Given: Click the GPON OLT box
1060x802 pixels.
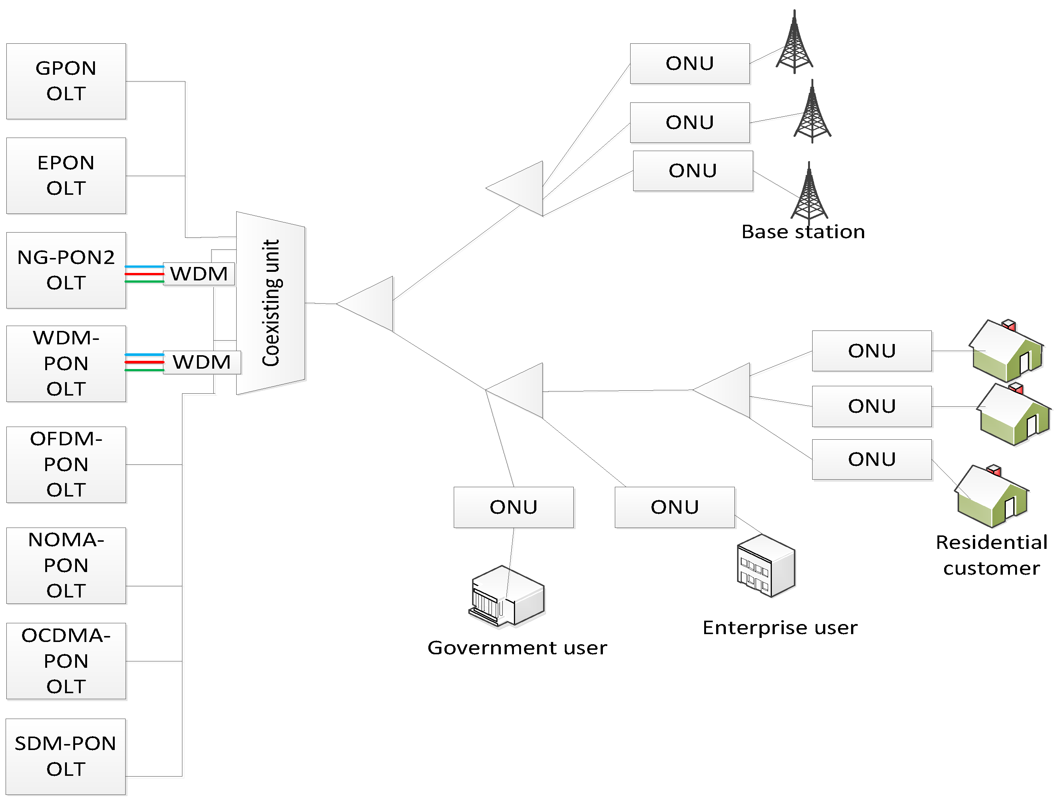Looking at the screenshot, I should (x=66, y=81).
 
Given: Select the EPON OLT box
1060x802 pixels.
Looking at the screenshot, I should (x=66, y=175).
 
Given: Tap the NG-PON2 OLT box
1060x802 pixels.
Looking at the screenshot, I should (x=66, y=270).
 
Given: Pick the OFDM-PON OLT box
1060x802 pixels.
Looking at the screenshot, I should (x=66, y=464).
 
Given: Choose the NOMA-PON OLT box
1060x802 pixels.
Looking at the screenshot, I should (x=66, y=565).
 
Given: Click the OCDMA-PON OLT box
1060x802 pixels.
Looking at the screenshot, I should (x=66, y=661).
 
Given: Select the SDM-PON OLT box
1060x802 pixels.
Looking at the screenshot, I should (x=66, y=756).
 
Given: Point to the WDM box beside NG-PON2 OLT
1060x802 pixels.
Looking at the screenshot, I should (x=199, y=274).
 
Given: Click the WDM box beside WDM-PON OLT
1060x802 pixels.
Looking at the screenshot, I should (x=202, y=362).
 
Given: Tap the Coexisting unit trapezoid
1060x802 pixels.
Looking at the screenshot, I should (x=271, y=303).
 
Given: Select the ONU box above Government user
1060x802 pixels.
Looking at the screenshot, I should (x=513, y=507).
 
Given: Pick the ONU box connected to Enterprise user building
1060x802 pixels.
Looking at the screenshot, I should (x=674, y=507).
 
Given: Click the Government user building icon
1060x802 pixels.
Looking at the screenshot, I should (x=506, y=596).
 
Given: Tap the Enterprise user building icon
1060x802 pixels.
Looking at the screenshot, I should (x=766, y=566).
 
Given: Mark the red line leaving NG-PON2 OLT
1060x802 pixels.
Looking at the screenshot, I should (x=144, y=274).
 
